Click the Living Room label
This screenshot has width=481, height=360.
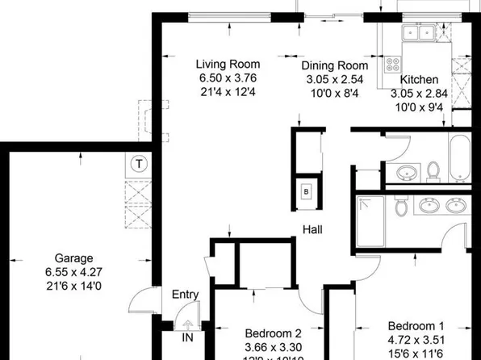pos(228,65)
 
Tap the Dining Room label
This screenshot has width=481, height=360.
pos(335,66)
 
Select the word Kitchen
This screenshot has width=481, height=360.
pos(420,80)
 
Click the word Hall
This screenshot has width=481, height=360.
pos(313,230)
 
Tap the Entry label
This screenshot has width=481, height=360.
pos(186,295)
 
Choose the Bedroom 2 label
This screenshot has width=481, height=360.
pos(274,333)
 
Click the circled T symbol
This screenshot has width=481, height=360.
pos(140,164)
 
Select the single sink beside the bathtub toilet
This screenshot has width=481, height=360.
pos(407,173)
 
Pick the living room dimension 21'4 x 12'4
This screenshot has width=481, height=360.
pos(228,93)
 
